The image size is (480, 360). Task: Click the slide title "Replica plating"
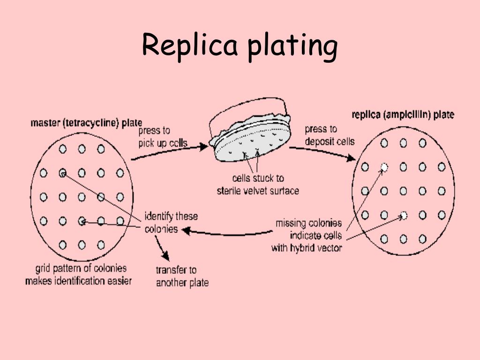(240, 46)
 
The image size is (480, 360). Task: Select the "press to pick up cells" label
(163, 137)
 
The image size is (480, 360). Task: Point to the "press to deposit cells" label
(330, 135)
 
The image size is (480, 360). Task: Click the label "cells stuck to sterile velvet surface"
(258, 185)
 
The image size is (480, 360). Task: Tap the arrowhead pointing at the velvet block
(203, 146)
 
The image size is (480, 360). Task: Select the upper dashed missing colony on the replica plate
(384, 167)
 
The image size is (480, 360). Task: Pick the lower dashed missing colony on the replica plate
(404, 216)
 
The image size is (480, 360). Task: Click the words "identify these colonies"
(171, 223)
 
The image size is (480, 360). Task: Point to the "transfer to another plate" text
(182, 276)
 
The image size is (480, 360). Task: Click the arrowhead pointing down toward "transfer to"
(165, 255)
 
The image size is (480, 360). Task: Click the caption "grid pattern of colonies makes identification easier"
(79, 275)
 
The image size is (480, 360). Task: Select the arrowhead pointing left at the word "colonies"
(186, 230)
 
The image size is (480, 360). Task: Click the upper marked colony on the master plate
(63, 173)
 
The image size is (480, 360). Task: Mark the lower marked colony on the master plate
(82, 221)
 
